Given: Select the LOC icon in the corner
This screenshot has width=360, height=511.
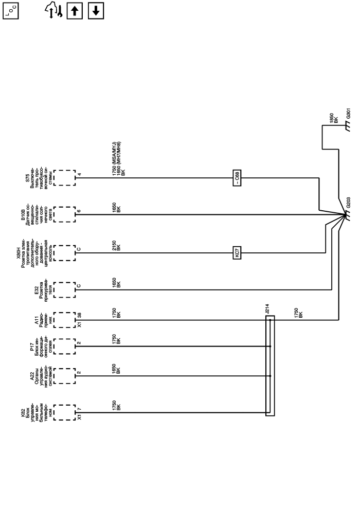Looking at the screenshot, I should (x=10, y=10).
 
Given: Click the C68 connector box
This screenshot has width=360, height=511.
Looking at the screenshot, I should (x=237, y=178).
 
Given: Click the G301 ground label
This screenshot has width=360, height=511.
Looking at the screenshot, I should (x=348, y=114).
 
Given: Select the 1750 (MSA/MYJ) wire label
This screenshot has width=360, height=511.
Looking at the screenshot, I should (x=114, y=159).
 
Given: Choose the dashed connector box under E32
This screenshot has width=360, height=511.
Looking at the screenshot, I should (x=64, y=289).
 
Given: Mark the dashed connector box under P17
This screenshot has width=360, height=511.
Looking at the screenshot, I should (x=64, y=347).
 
